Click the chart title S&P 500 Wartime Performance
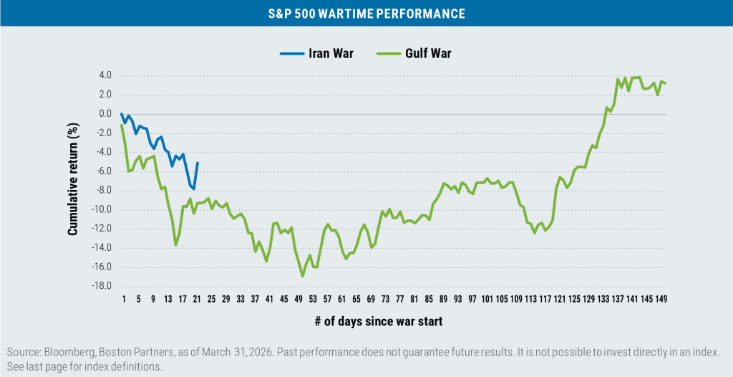[366, 14]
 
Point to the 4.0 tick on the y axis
[105, 75]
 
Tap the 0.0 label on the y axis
[105, 114]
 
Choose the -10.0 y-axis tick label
[103, 210]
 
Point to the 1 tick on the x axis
[123, 299]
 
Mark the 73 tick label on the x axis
[385, 299]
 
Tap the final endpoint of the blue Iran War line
[197, 163]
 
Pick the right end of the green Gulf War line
[666, 83]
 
